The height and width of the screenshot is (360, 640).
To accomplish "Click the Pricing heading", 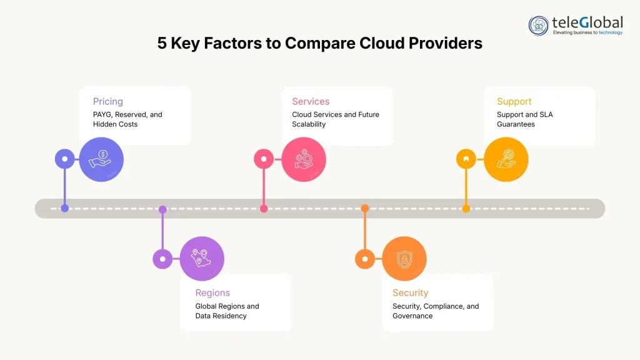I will [108, 101].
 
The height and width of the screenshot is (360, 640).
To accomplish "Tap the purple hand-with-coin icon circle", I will [101, 159].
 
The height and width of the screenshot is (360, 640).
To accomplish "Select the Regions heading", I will [212, 292].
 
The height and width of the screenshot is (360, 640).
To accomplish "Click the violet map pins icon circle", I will [202, 258].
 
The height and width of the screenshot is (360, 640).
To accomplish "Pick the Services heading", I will [311, 101].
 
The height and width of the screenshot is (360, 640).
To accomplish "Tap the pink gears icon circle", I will [303, 159].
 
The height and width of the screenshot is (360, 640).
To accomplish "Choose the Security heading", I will [410, 292].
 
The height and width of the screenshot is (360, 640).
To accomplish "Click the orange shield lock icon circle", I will [404, 258].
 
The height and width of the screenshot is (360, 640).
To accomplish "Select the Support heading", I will [514, 101].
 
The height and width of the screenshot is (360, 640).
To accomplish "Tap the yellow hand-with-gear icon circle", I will [506, 159].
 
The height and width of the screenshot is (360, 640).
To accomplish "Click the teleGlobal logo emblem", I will [539, 26].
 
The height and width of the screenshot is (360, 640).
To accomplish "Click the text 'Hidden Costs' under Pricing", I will [116, 124].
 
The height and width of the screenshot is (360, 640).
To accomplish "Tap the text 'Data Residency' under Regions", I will [221, 316].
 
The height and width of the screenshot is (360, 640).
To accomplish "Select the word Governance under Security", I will [412, 316].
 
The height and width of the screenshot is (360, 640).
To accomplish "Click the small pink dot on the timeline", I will [264, 209].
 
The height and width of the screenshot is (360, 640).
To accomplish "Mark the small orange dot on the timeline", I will [365, 208].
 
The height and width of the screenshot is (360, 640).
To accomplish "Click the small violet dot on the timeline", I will [162, 209].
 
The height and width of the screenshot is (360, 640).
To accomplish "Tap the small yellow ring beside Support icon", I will [466, 159].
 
